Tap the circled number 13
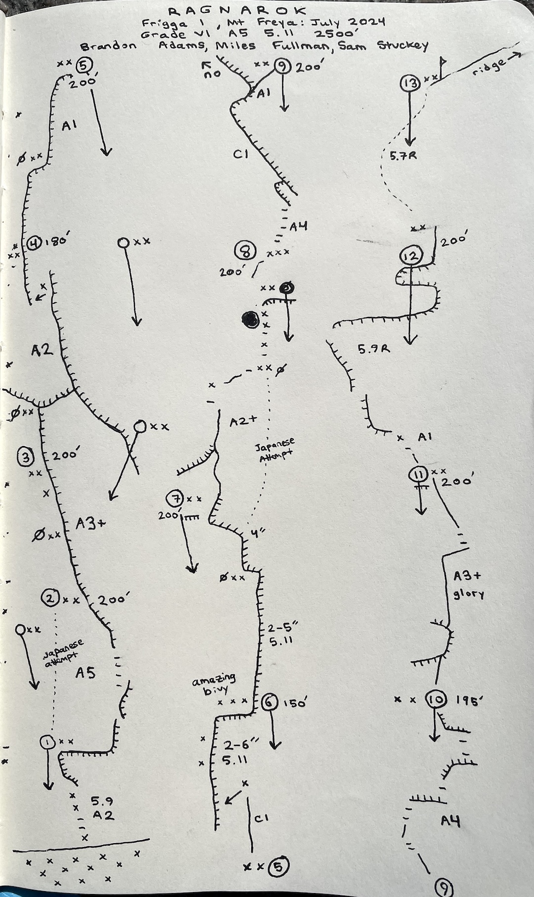pos(410,83)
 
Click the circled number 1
pos(47,741)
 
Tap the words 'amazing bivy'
pos(214,685)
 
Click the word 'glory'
pos(469,594)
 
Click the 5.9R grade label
pos(373,349)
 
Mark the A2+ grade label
pos(244,420)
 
